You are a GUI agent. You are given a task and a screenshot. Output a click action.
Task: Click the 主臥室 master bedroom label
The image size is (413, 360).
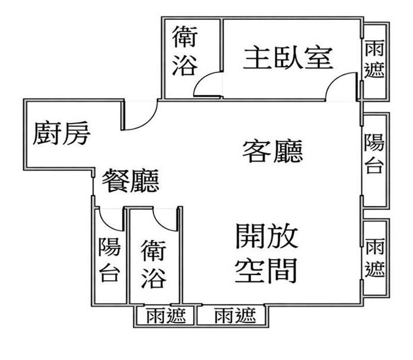tap(287, 58)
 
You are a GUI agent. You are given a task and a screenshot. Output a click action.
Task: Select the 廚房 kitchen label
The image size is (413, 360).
tap(62, 134)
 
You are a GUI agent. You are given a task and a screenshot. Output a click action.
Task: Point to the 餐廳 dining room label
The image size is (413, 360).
tap(130, 181)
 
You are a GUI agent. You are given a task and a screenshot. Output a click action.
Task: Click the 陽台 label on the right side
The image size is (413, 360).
tap(375, 154)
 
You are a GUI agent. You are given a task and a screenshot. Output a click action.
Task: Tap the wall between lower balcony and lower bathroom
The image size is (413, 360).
tap(127, 258)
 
